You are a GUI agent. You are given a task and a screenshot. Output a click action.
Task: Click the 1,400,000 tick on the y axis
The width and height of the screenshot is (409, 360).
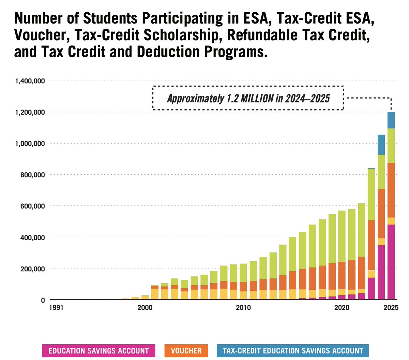(x=30, y=81)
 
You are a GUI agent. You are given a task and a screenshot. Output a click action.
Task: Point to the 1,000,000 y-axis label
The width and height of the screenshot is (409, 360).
(x=30, y=144)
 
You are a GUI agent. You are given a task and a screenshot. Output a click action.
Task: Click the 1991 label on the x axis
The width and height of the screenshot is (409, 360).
(x=56, y=308)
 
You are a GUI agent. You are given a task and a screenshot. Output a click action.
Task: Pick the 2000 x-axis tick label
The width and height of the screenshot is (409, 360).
(x=145, y=308)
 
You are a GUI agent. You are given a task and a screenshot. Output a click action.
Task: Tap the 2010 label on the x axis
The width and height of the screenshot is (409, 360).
(x=243, y=308)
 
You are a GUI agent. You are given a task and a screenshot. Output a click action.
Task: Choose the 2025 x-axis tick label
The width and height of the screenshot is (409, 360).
(x=391, y=308)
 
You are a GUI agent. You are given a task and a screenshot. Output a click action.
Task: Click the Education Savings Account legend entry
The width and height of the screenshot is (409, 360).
(x=99, y=351)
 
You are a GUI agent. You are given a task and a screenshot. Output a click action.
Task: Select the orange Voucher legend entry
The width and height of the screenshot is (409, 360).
(x=186, y=351)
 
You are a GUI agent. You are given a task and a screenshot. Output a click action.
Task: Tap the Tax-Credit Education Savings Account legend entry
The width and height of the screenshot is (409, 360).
(x=292, y=351)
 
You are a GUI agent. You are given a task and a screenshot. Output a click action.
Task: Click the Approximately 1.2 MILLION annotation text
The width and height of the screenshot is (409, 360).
(x=248, y=99)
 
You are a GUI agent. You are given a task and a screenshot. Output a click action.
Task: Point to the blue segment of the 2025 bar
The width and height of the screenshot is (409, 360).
(x=391, y=120)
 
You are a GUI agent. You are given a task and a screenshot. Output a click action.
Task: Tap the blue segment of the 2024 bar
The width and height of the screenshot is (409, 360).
(x=381, y=145)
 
